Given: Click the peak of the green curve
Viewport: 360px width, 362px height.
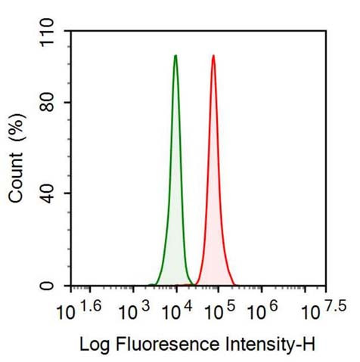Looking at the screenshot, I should [x=175, y=56].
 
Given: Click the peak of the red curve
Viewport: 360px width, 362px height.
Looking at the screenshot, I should [x=213, y=56].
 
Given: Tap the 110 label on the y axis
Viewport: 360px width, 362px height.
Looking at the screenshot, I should [x=49, y=31].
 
